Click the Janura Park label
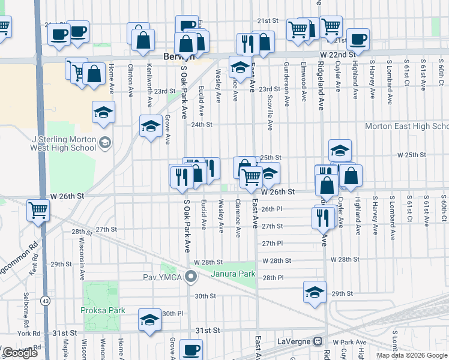234,274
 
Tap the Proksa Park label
103,310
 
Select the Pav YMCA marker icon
191,277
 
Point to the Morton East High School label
407,127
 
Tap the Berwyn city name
176,56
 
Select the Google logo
20,353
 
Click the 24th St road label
202,125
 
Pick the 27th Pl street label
272,244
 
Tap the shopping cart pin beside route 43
38,211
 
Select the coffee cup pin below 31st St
191,349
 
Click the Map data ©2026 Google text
411,355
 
